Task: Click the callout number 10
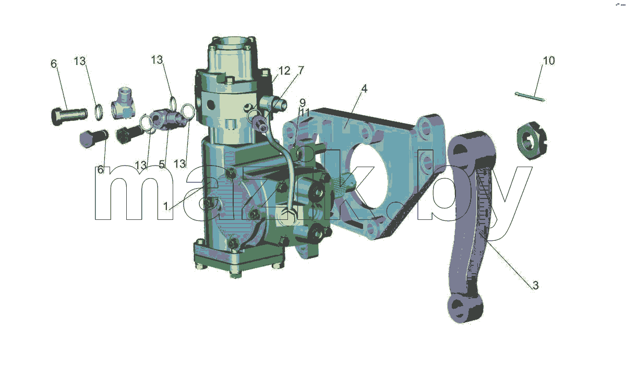[549, 61]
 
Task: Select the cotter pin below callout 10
[530, 97]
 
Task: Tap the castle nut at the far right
[532, 141]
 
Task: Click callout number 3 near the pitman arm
[535, 285]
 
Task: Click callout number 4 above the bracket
[364, 89]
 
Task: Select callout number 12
[284, 71]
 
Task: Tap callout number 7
[300, 70]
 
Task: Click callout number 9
[303, 103]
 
